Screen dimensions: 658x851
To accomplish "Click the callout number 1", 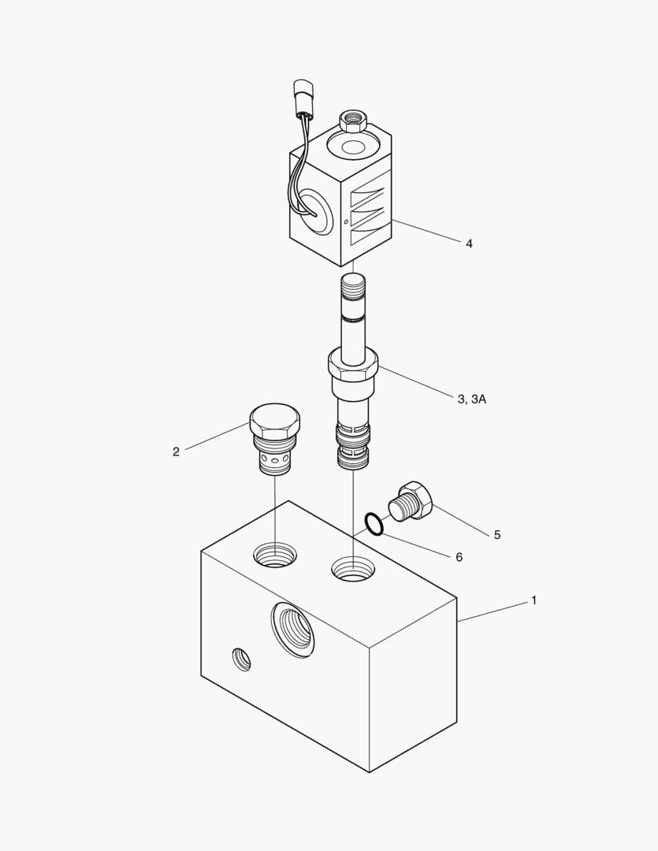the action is (533, 600).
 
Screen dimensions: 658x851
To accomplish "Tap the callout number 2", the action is (176, 452).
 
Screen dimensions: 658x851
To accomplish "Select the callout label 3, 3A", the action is (472, 399).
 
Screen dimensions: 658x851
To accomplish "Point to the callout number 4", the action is (469, 243).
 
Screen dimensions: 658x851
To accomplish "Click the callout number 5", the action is (497, 535).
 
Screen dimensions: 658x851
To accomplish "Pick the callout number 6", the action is (459, 557).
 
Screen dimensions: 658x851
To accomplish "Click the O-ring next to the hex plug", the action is (374, 524).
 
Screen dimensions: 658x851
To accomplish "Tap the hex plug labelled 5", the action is (411, 501).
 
